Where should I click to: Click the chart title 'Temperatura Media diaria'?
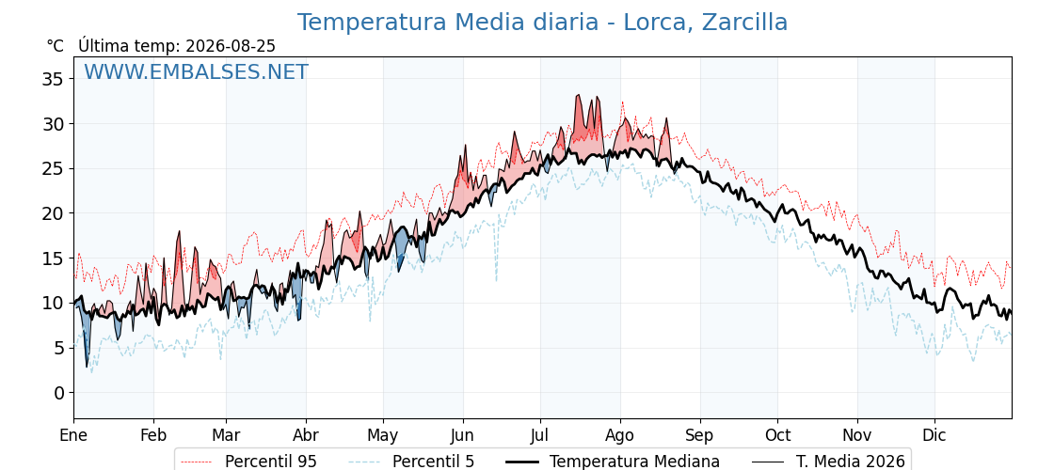(x=448, y=23)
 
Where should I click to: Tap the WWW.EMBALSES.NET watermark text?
(x=197, y=71)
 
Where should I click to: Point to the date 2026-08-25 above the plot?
(x=231, y=46)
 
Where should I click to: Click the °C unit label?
(x=56, y=46)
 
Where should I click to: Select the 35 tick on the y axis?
(x=54, y=79)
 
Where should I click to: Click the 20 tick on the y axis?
(x=54, y=213)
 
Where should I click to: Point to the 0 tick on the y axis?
(x=59, y=393)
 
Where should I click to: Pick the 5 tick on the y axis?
(x=59, y=348)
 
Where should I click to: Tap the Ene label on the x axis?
(x=73, y=435)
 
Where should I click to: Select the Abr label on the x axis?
(x=306, y=435)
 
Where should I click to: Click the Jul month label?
(x=540, y=435)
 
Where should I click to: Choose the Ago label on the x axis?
(x=620, y=435)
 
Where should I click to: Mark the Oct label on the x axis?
(x=777, y=435)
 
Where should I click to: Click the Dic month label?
(x=934, y=435)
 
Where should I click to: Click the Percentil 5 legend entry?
(x=412, y=462)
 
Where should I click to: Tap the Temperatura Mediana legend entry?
(x=611, y=462)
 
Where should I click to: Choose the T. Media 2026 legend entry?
(x=828, y=462)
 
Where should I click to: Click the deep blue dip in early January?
(x=86, y=342)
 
